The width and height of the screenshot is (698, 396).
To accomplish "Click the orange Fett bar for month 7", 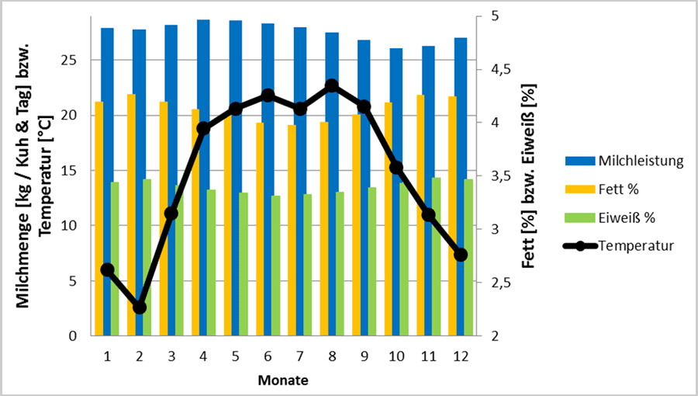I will point(291,233).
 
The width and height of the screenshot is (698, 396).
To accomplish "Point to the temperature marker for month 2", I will point(140,307).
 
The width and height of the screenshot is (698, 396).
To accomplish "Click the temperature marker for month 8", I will point(332,85).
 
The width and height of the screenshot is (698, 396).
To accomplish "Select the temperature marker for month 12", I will point(461,255).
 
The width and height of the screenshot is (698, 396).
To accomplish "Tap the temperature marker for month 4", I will point(203,128).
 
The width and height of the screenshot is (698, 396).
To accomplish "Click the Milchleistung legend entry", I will point(640,162).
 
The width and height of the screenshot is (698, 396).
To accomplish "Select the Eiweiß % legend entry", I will point(624,217).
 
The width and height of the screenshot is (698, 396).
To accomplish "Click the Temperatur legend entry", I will point(635,246).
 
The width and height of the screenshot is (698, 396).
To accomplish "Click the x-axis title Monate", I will point(283,380).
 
